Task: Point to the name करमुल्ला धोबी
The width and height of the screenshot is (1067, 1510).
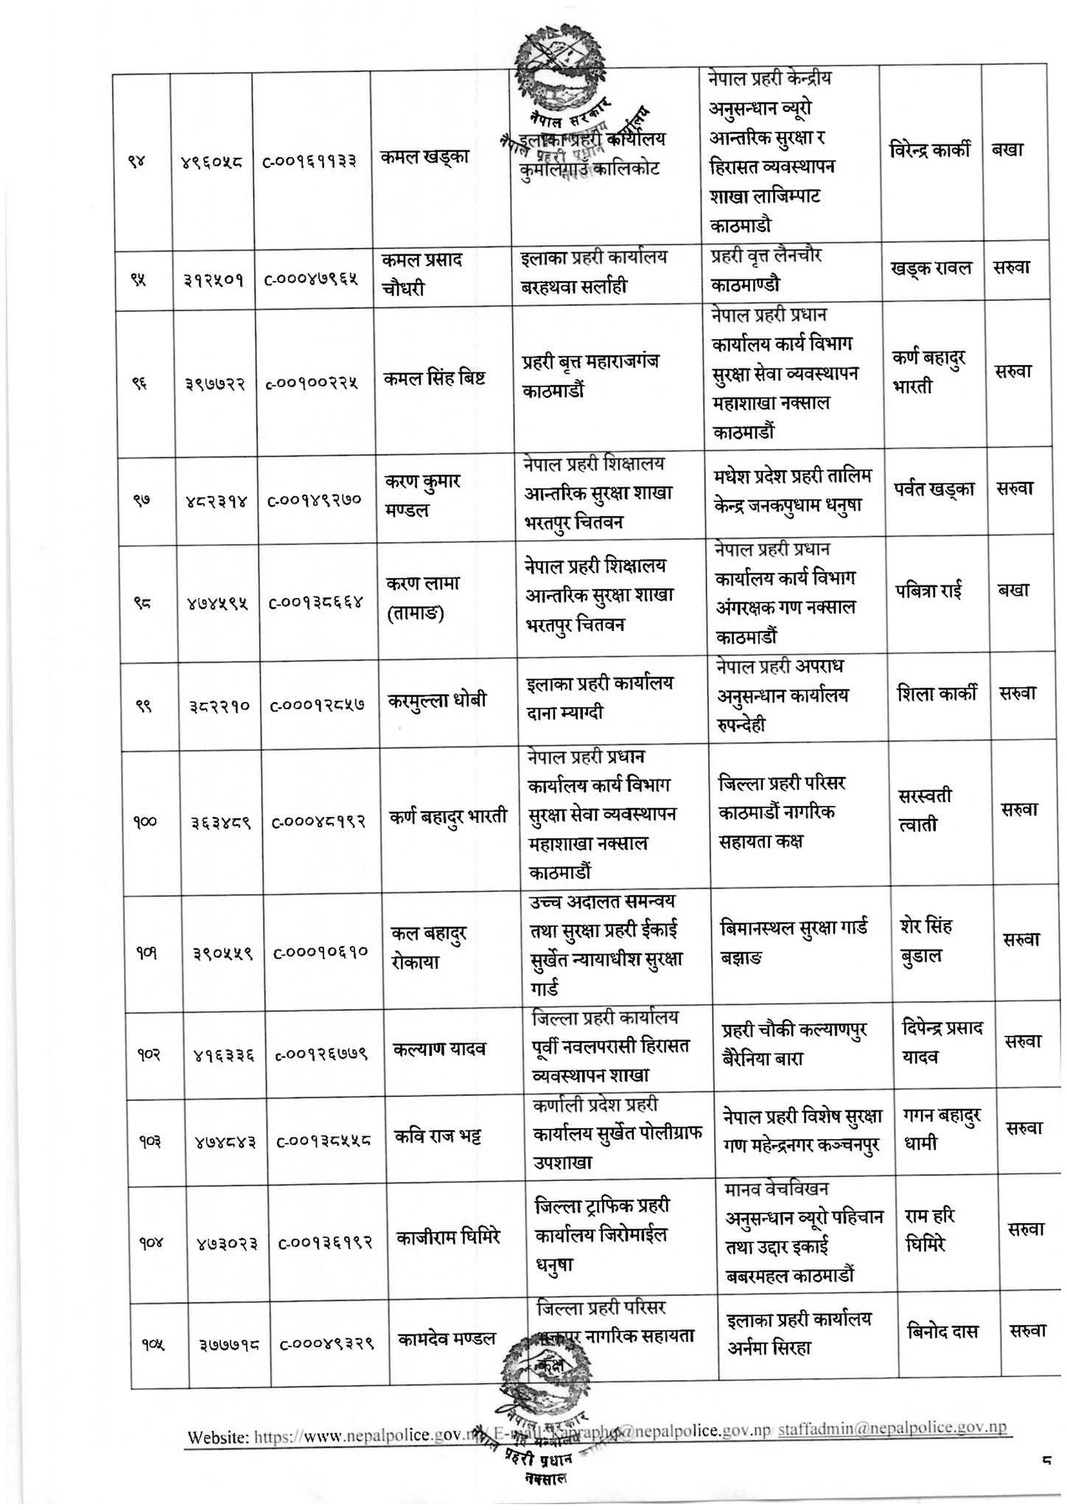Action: click(438, 701)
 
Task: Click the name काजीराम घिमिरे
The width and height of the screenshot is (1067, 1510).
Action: click(448, 1236)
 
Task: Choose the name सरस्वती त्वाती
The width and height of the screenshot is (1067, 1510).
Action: click(925, 809)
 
